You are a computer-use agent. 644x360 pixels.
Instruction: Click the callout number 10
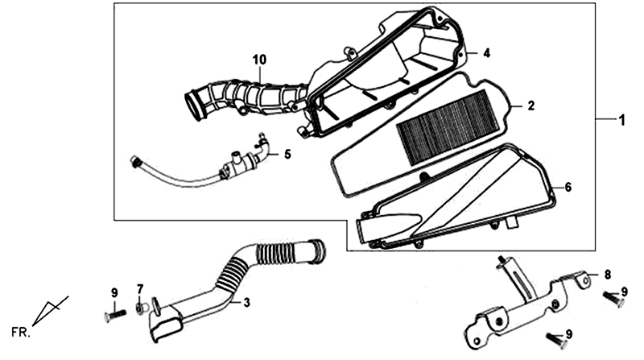(x=259, y=60)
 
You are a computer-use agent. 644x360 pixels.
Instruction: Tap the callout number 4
(x=486, y=53)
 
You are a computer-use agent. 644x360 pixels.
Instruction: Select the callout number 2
(x=531, y=106)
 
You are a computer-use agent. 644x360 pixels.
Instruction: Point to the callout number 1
(x=621, y=121)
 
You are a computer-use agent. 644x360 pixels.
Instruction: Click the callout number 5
(x=287, y=155)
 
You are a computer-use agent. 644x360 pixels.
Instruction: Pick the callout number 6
(x=568, y=188)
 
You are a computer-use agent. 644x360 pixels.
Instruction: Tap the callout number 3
(x=246, y=303)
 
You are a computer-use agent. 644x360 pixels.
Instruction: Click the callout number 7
(x=139, y=289)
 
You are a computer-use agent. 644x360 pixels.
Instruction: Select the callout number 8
(x=608, y=274)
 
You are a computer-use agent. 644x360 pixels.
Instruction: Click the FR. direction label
(x=21, y=333)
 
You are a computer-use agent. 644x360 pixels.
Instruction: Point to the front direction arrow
(x=50, y=311)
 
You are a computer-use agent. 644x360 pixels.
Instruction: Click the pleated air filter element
(x=448, y=128)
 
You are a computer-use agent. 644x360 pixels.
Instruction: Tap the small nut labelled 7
(x=140, y=308)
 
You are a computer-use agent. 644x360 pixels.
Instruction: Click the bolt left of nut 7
(x=114, y=315)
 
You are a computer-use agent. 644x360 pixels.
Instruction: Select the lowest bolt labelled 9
(x=557, y=341)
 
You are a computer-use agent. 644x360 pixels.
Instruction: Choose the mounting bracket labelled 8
(x=528, y=305)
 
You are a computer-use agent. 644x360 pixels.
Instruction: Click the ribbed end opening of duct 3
(x=319, y=250)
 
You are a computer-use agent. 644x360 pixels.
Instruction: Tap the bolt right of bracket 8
(x=613, y=298)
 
